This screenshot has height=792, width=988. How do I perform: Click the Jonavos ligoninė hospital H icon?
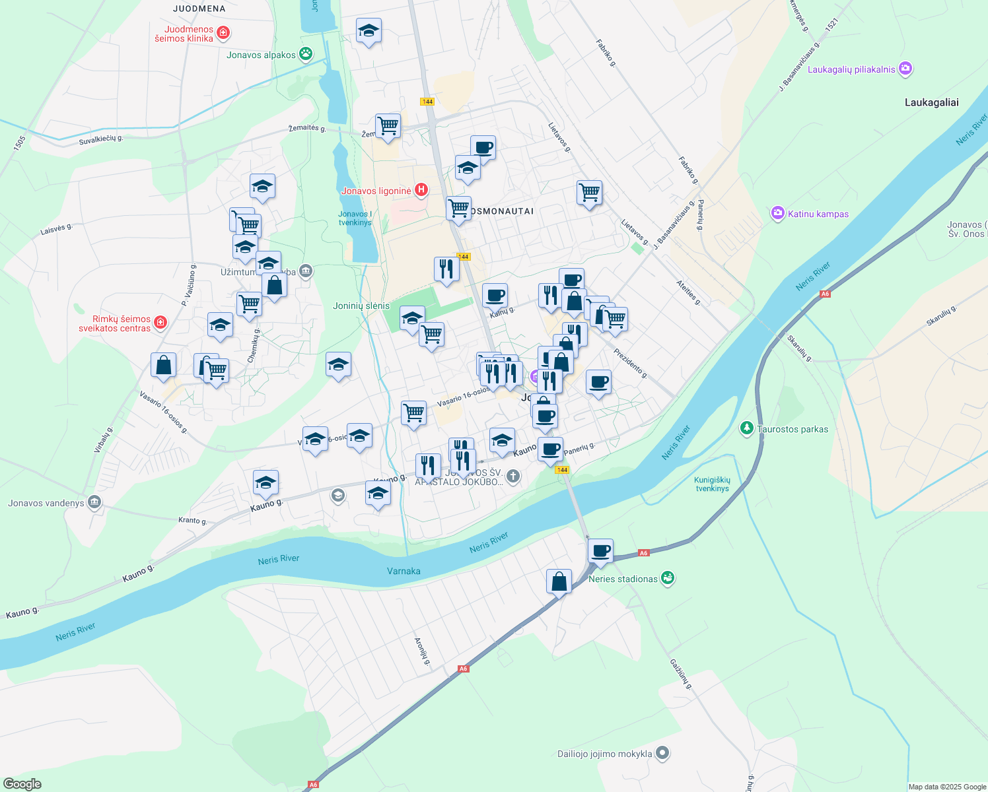click(421, 191)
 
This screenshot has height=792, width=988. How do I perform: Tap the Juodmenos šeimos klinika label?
click(184, 34)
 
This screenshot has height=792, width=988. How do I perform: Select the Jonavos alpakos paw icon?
click(305, 54)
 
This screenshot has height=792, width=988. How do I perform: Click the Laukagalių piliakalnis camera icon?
click(905, 69)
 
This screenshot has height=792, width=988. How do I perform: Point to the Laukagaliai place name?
click(931, 102)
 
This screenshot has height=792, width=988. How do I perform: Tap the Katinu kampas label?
click(818, 214)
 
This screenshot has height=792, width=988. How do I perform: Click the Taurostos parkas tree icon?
click(747, 428)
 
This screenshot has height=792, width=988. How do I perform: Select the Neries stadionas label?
click(623, 579)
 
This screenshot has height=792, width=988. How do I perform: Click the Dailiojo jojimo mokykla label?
click(604, 754)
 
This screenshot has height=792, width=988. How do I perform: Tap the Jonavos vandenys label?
click(46, 503)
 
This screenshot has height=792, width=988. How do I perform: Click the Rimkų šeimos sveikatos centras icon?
click(160, 323)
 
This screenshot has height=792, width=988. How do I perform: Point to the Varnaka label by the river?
click(404, 571)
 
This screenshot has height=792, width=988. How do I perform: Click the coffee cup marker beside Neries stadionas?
click(600, 550)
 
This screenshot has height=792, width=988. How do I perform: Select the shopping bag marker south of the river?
click(559, 581)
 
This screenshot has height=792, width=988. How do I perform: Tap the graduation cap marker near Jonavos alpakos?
click(369, 30)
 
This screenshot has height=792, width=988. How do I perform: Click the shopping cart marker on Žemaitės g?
click(388, 125)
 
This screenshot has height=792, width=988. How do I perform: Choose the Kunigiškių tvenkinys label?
click(712, 484)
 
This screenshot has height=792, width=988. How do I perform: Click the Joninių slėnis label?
click(361, 306)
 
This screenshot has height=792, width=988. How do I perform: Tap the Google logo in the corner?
click(22, 784)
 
